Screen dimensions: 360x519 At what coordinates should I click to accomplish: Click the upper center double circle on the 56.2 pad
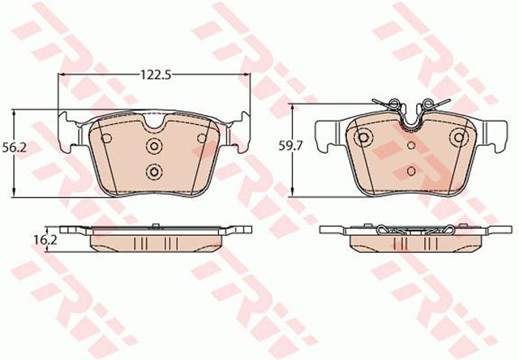[x=153, y=146]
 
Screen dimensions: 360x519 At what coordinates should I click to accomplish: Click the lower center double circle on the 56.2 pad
[x=153, y=171]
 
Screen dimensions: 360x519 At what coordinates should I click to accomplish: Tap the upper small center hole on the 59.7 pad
[x=411, y=146]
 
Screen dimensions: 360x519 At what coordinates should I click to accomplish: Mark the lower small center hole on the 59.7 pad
[x=411, y=171]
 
